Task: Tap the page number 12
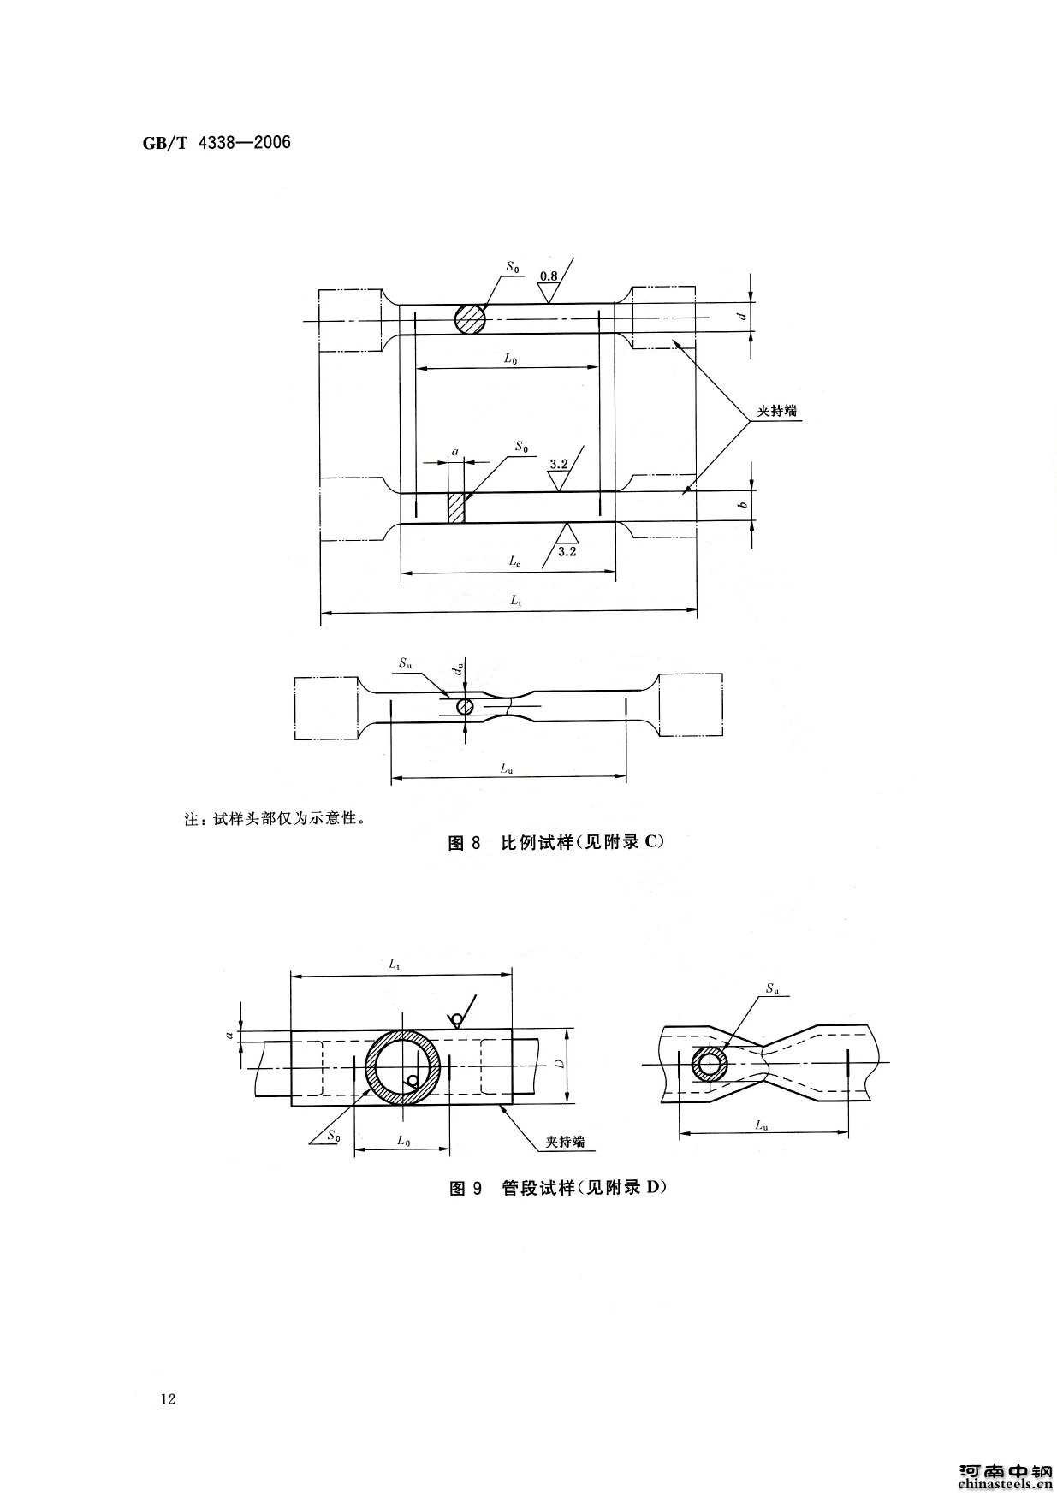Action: (168, 1400)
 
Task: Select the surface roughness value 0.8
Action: (549, 276)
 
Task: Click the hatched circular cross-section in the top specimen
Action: (470, 320)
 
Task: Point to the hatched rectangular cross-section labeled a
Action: (456, 508)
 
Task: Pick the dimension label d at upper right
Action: (743, 316)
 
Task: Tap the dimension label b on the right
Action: (743, 505)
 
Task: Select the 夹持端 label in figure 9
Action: (566, 1141)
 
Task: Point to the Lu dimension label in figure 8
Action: (507, 769)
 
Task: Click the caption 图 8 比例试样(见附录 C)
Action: (556, 842)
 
